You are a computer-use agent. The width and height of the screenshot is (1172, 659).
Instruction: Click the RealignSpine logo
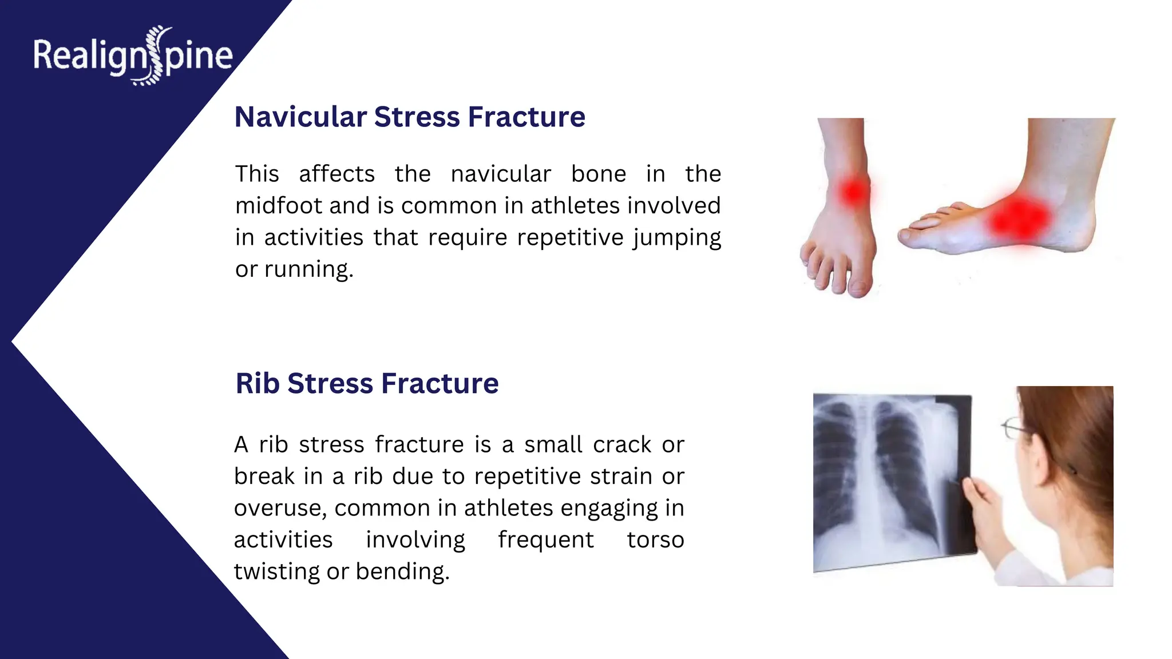pyautogui.click(x=133, y=56)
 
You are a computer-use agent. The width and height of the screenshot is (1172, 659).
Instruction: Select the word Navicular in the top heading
pyautogui.click(x=300, y=117)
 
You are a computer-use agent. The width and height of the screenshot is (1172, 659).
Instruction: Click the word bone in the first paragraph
pyautogui.click(x=598, y=174)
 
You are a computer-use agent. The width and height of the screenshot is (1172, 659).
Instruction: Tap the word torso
pyautogui.click(x=655, y=540)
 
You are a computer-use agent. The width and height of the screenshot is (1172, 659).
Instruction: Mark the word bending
pyautogui.click(x=402, y=571)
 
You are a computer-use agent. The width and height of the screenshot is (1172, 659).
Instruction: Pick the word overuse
pyautogui.click(x=279, y=509)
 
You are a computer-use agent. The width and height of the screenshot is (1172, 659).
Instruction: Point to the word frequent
pyautogui.click(x=545, y=540)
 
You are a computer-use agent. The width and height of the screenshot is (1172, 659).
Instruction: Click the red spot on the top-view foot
pyautogui.click(x=854, y=191)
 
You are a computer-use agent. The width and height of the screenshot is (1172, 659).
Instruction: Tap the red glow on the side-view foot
pyautogui.click(x=1019, y=219)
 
